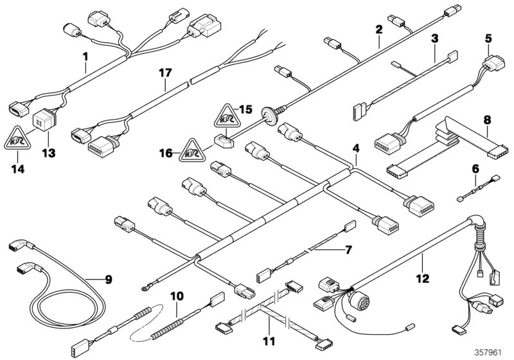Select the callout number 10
coord(177,296)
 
